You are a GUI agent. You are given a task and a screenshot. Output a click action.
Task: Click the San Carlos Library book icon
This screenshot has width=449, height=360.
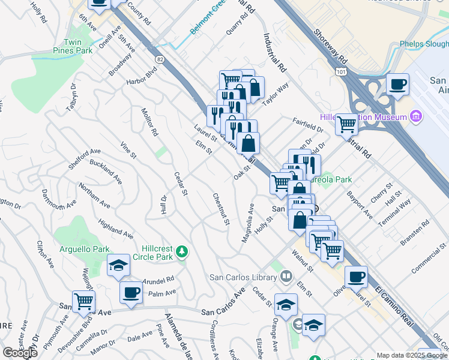pos(287,277)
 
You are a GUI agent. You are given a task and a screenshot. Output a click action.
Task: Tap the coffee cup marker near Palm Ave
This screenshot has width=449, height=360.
pos(131,293)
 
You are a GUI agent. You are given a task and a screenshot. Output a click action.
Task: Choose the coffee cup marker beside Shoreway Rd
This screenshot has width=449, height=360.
pos(397,85)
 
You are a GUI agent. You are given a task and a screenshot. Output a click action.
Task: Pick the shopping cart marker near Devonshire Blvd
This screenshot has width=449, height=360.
pos(83,301)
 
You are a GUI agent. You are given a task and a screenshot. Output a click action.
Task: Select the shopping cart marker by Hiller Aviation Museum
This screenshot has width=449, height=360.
pos(346,124)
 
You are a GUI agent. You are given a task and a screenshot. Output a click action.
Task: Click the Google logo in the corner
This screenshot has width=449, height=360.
pos(20,352)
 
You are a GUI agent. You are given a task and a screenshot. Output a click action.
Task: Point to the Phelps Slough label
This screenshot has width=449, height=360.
pos(424,44)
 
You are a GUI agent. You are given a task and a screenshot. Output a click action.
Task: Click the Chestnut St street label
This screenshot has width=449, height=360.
pos(220,209)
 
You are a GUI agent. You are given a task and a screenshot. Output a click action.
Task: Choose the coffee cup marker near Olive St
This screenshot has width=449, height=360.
pos(357,277)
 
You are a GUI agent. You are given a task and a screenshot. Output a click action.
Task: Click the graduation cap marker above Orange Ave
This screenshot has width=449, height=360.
pos(286,304)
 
